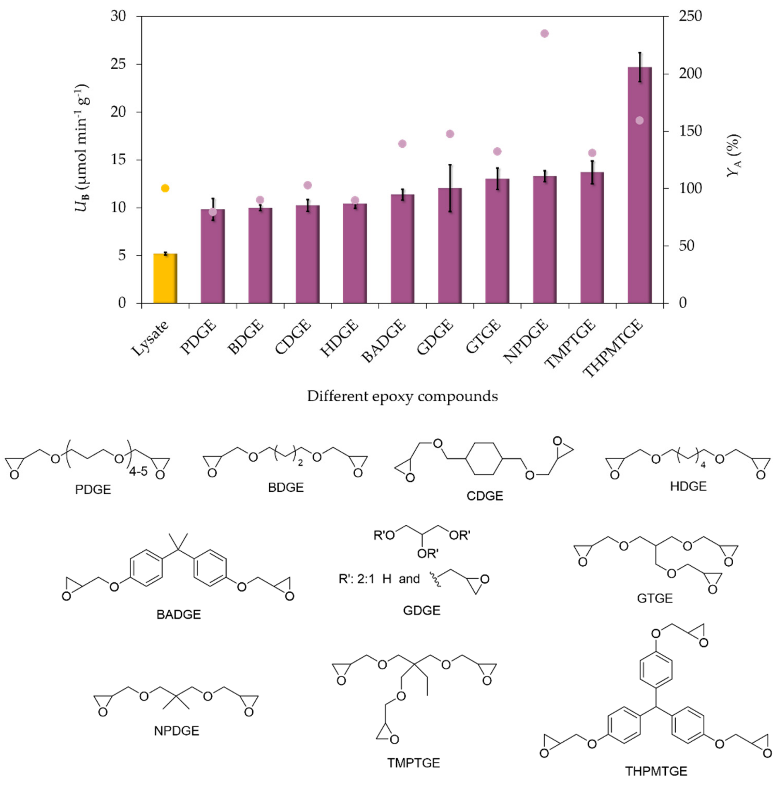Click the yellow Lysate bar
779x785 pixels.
coord(165,279)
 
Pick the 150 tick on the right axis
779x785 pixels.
coord(690,131)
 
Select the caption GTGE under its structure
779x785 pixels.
coord(655,598)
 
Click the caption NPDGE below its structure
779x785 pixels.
coord(176,731)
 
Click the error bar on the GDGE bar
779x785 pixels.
coord(450,188)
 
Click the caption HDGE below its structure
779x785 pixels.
coord(688,486)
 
